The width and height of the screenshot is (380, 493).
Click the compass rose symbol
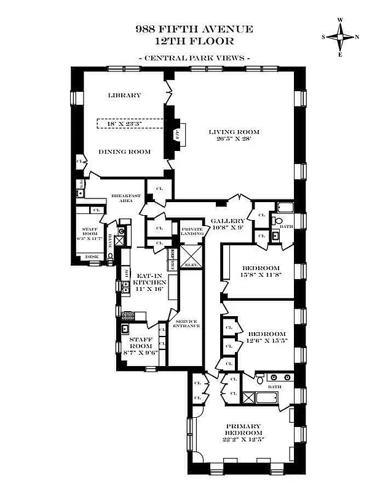339,37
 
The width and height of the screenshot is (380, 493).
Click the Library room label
124,95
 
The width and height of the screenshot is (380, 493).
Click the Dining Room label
125,151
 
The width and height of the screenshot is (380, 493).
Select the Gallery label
228,221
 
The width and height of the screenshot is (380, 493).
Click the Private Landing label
191,230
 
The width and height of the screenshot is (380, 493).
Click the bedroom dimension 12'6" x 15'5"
267,340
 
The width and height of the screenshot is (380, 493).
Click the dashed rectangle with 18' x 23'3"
130,123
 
